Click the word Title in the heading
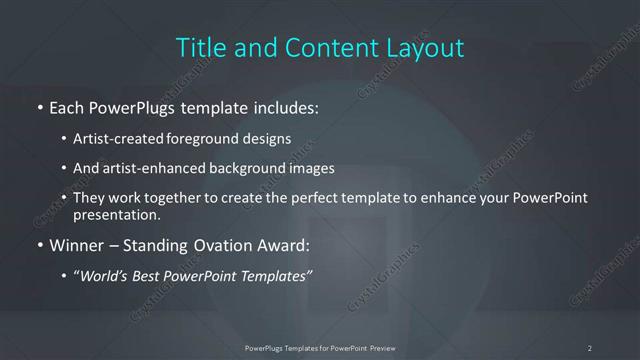[x=197, y=47]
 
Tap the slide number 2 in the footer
[x=590, y=347]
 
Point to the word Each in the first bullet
[x=66, y=105]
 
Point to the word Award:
[x=284, y=244]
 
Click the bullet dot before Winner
[x=39, y=245]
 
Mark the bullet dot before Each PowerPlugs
[x=39, y=106]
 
